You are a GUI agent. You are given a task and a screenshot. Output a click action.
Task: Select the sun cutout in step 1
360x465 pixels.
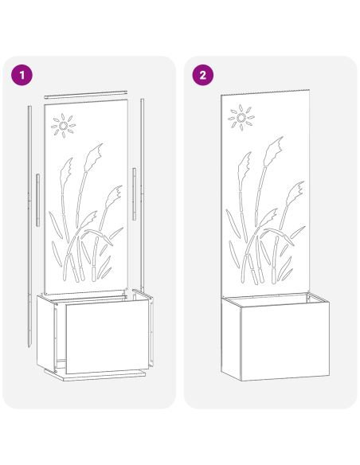63,124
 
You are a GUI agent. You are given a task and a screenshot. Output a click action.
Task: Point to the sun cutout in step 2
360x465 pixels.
239,119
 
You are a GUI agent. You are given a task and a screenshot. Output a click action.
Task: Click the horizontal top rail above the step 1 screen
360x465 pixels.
85,94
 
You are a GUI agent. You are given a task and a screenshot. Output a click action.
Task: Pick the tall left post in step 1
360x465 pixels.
29,223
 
